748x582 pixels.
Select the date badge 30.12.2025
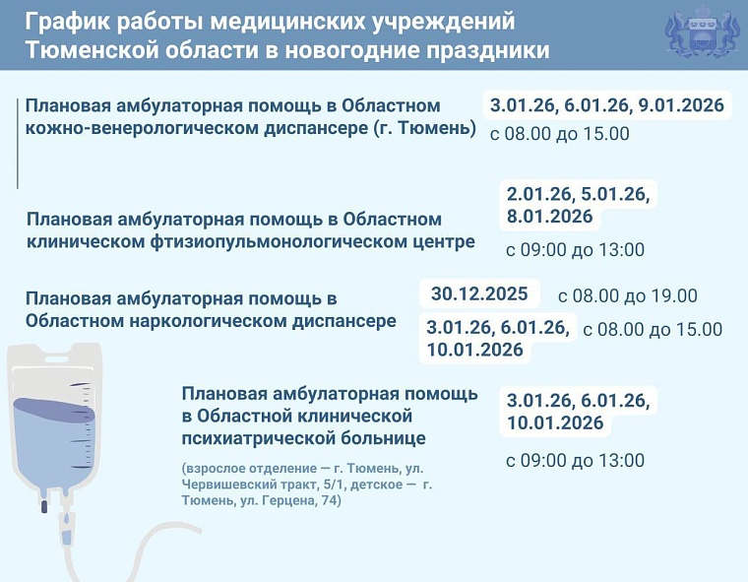479,293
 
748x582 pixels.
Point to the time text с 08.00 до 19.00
627,295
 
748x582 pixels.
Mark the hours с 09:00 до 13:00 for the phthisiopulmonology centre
575,250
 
